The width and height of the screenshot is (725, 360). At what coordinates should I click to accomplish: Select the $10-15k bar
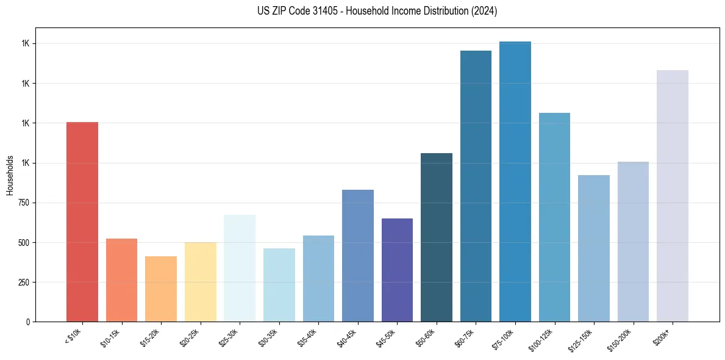coord(121,280)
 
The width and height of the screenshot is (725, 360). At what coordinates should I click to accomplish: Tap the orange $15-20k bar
coord(161,289)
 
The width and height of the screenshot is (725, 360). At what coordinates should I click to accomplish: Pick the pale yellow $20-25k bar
coord(200,282)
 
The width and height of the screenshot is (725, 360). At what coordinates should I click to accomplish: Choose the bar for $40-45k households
coord(357,256)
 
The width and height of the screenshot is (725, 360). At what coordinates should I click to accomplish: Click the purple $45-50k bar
coord(397,270)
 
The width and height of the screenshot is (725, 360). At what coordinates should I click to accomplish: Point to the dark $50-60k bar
coord(437,237)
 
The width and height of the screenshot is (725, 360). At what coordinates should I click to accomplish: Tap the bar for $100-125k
coord(554,217)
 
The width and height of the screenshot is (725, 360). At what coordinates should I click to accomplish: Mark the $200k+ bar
coord(673,196)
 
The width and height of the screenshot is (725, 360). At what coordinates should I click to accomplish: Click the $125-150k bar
coord(594,248)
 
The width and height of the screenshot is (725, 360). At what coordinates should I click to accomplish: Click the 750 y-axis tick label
coord(24,203)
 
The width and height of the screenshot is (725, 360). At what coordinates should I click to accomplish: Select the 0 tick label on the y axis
coord(28,322)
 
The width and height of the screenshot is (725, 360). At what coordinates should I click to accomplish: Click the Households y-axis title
coord(10,175)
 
